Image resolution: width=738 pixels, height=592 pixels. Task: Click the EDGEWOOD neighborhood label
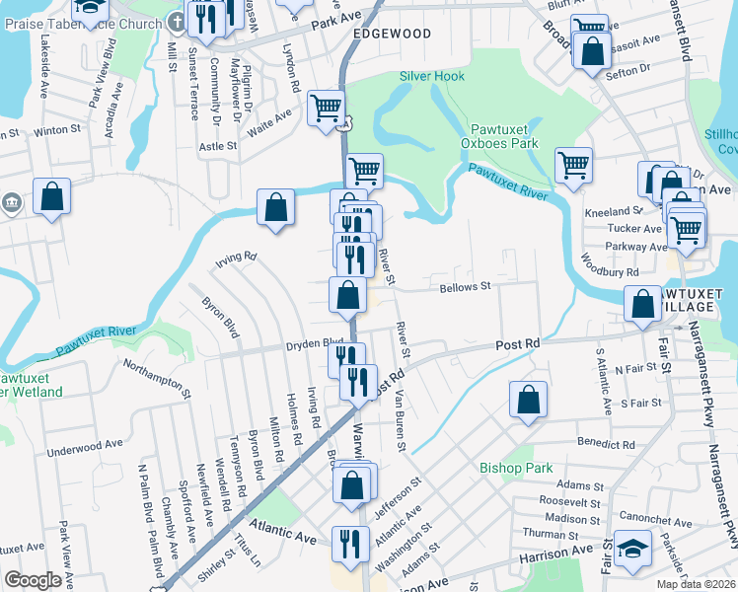coord(392,34)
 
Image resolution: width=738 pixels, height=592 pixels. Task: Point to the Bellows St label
coord(465,286)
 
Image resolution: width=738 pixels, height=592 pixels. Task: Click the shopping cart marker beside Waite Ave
coord(326,108)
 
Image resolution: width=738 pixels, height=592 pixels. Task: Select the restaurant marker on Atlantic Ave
coord(350,542)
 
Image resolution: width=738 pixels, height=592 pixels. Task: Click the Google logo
coord(33,580)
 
